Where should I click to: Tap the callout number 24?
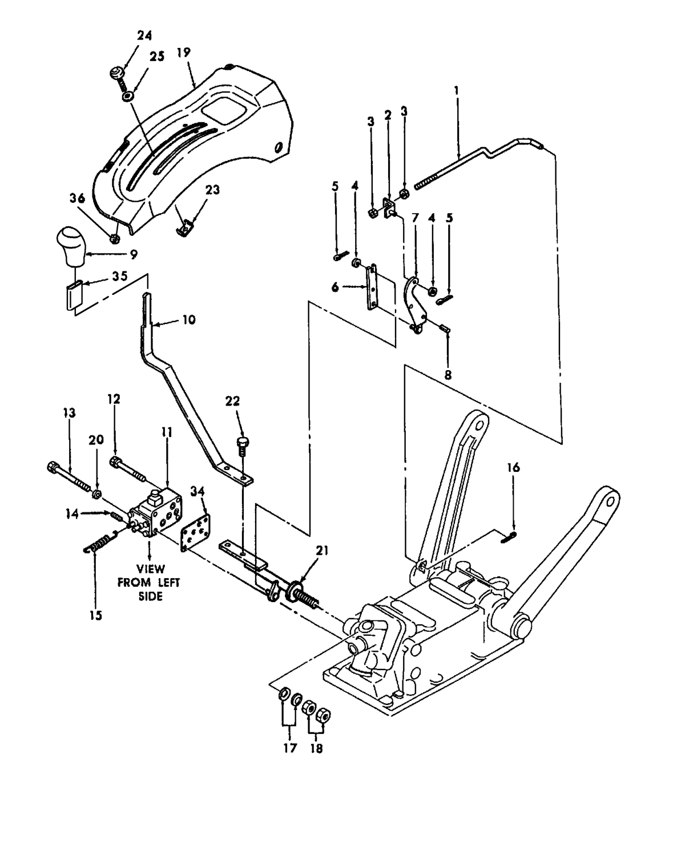(x=144, y=35)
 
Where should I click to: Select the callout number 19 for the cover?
(x=183, y=53)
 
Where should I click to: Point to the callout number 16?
(x=513, y=468)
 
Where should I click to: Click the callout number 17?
(x=290, y=748)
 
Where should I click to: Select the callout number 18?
(x=316, y=748)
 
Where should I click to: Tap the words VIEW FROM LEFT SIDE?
(x=149, y=582)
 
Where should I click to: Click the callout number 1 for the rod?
(x=456, y=90)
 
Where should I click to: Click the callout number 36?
(x=77, y=198)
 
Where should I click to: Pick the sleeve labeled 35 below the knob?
(x=72, y=295)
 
